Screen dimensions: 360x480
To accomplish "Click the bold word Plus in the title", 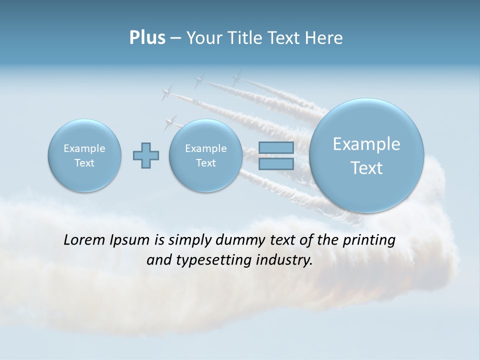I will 147,38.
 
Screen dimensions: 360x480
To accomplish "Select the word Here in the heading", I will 325,38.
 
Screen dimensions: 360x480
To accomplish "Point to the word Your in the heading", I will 205,38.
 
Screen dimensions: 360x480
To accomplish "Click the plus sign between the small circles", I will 146,155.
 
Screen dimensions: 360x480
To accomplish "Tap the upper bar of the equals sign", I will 276,147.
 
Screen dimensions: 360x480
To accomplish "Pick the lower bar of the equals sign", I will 276,164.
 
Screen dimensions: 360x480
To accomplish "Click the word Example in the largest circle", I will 366,144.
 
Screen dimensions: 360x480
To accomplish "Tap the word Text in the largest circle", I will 366,168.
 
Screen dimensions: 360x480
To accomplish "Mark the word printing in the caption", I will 369,240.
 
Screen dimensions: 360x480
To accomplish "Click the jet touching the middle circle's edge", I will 171,122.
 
